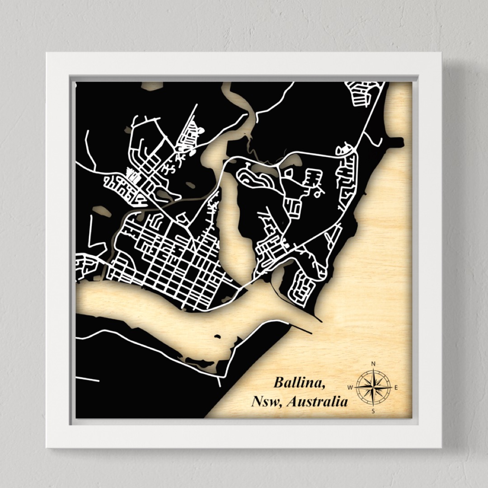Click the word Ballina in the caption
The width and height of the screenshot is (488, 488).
tap(299, 383)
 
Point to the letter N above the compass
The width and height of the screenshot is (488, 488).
tap(373, 364)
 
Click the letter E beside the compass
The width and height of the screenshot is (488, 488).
tap(396, 387)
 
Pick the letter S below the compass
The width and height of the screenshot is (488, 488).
tap(373, 411)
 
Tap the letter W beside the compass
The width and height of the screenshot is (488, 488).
tap(350, 387)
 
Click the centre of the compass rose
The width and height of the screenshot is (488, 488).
tap(373, 387)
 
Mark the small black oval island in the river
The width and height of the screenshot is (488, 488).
tap(217, 336)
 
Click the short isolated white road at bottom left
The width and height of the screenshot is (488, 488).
tap(87, 379)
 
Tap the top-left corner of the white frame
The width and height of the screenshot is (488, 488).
tap(47, 53)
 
